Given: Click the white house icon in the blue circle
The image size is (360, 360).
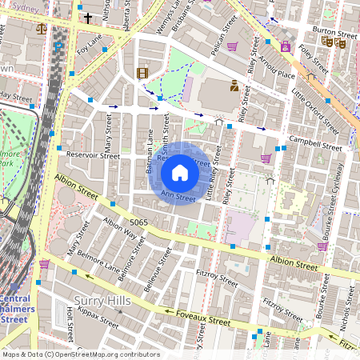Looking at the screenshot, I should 180,173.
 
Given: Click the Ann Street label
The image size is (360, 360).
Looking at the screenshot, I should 178,195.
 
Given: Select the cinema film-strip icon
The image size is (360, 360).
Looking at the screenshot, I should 142,74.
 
